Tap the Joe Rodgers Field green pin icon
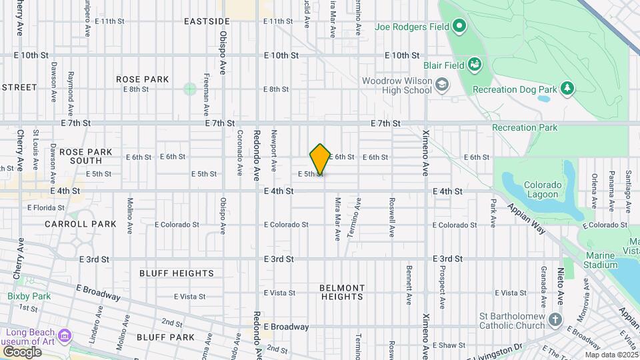tap(459, 27)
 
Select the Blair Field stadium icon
tap(474, 65)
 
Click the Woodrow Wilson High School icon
tap(442, 85)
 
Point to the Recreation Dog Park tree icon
tap(567, 88)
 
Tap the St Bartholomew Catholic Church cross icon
tap(555, 321)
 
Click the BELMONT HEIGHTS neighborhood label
tap(342, 292)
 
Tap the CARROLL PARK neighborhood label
tap(81, 224)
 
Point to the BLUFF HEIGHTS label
tap(177, 273)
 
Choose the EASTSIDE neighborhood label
tap(207, 22)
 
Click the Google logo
tap(22, 351)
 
